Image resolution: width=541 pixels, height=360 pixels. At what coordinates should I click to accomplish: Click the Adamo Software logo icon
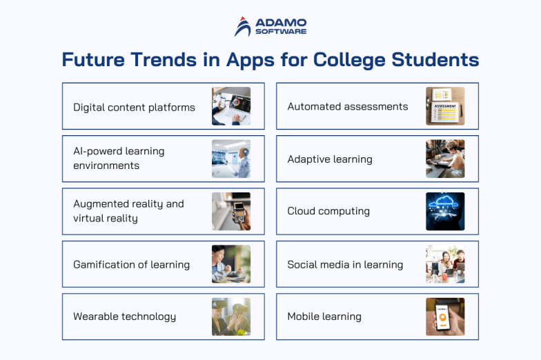tap(242, 26)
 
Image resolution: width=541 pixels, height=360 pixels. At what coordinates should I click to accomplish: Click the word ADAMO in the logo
tap(280, 21)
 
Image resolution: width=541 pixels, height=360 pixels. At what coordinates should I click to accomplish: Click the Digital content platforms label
tap(134, 107)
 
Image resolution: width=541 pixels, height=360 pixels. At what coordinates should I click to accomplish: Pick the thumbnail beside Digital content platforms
tap(231, 106)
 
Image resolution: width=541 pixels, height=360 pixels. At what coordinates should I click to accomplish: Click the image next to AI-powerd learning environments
tap(231, 159)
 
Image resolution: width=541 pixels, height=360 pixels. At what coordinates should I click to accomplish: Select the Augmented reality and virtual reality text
tap(128, 211)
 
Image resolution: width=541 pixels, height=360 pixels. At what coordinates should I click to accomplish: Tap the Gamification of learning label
tap(131, 264)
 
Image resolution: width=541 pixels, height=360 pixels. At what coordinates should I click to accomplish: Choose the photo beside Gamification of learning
tap(231, 264)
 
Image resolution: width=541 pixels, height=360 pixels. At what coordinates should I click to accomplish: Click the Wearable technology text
tap(124, 317)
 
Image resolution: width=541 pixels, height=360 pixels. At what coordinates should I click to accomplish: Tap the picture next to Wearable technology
tap(231, 317)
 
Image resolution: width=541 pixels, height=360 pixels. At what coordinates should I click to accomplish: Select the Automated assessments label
tap(348, 106)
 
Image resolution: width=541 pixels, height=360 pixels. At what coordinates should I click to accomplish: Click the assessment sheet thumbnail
tap(445, 106)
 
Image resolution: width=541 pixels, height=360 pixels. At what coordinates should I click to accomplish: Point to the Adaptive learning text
tap(330, 159)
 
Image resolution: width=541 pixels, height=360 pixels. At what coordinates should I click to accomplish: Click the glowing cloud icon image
tap(445, 211)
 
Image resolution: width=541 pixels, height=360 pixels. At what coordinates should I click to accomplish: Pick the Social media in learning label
tap(345, 264)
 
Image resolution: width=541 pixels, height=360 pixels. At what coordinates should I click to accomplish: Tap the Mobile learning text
tap(324, 317)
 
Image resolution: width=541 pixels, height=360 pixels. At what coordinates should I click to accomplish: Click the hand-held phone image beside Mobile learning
tap(445, 317)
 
